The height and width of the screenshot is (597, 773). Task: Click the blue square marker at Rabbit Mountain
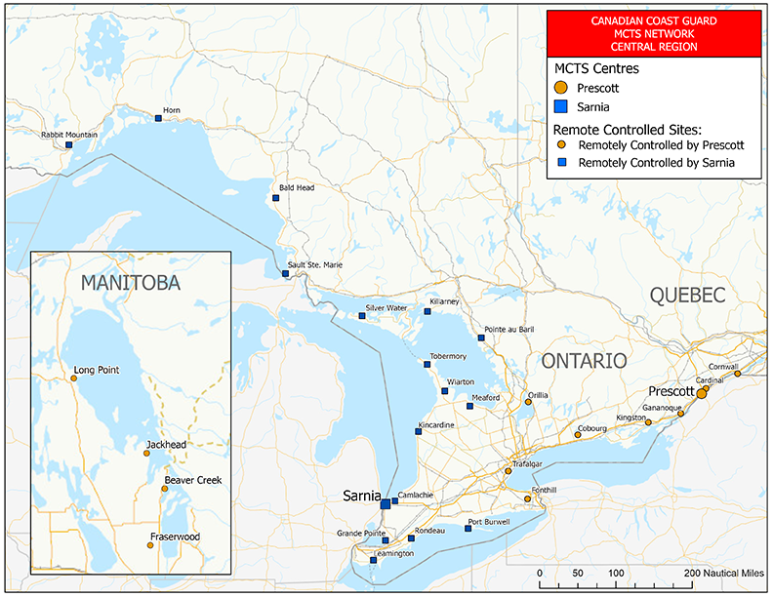click(68, 145)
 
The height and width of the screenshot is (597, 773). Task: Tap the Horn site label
click(172, 110)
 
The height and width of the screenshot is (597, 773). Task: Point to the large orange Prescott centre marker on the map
click(701, 393)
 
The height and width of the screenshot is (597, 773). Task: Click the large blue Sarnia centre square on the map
click(385, 503)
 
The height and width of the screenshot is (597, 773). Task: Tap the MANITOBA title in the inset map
click(131, 283)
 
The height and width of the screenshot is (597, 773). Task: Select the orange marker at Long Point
click(72, 378)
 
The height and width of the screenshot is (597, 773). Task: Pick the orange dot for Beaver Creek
click(165, 489)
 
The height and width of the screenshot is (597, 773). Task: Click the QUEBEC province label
click(688, 296)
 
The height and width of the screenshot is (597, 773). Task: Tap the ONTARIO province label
click(584, 361)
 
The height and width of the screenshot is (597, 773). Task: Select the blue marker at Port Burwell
click(468, 529)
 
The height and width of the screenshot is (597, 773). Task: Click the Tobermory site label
click(448, 356)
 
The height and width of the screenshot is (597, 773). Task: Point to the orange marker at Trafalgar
click(508, 471)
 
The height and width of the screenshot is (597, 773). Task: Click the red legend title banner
click(653, 32)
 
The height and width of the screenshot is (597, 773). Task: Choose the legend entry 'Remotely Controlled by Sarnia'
click(655, 163)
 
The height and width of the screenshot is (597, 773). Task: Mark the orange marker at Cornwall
click(737, 374)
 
